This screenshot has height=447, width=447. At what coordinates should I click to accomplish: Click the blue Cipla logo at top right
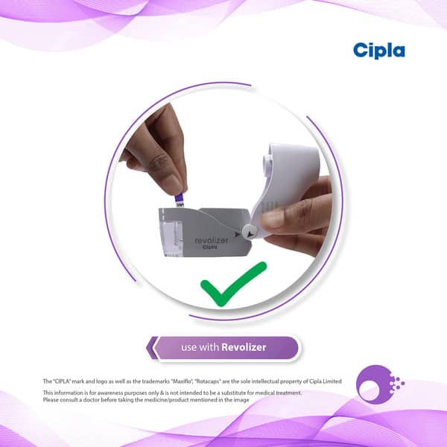click(x=379, y=51)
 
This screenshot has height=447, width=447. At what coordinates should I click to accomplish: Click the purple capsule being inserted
click(x=180, y=200)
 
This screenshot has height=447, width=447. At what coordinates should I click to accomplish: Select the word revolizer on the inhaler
click(x=212, y=240)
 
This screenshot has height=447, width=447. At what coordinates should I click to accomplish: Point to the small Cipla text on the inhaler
click(x=210, y=247)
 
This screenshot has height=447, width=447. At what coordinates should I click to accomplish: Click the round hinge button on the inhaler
click(x=250, y=232)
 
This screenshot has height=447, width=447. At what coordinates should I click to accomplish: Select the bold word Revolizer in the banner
click(x=244, y=347)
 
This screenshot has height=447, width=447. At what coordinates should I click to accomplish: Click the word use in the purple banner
click(x=189, y=347)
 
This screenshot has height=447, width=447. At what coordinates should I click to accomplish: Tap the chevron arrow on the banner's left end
click(x=153, y=348)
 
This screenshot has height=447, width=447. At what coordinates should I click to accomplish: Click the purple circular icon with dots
click(x=380, y=384)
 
